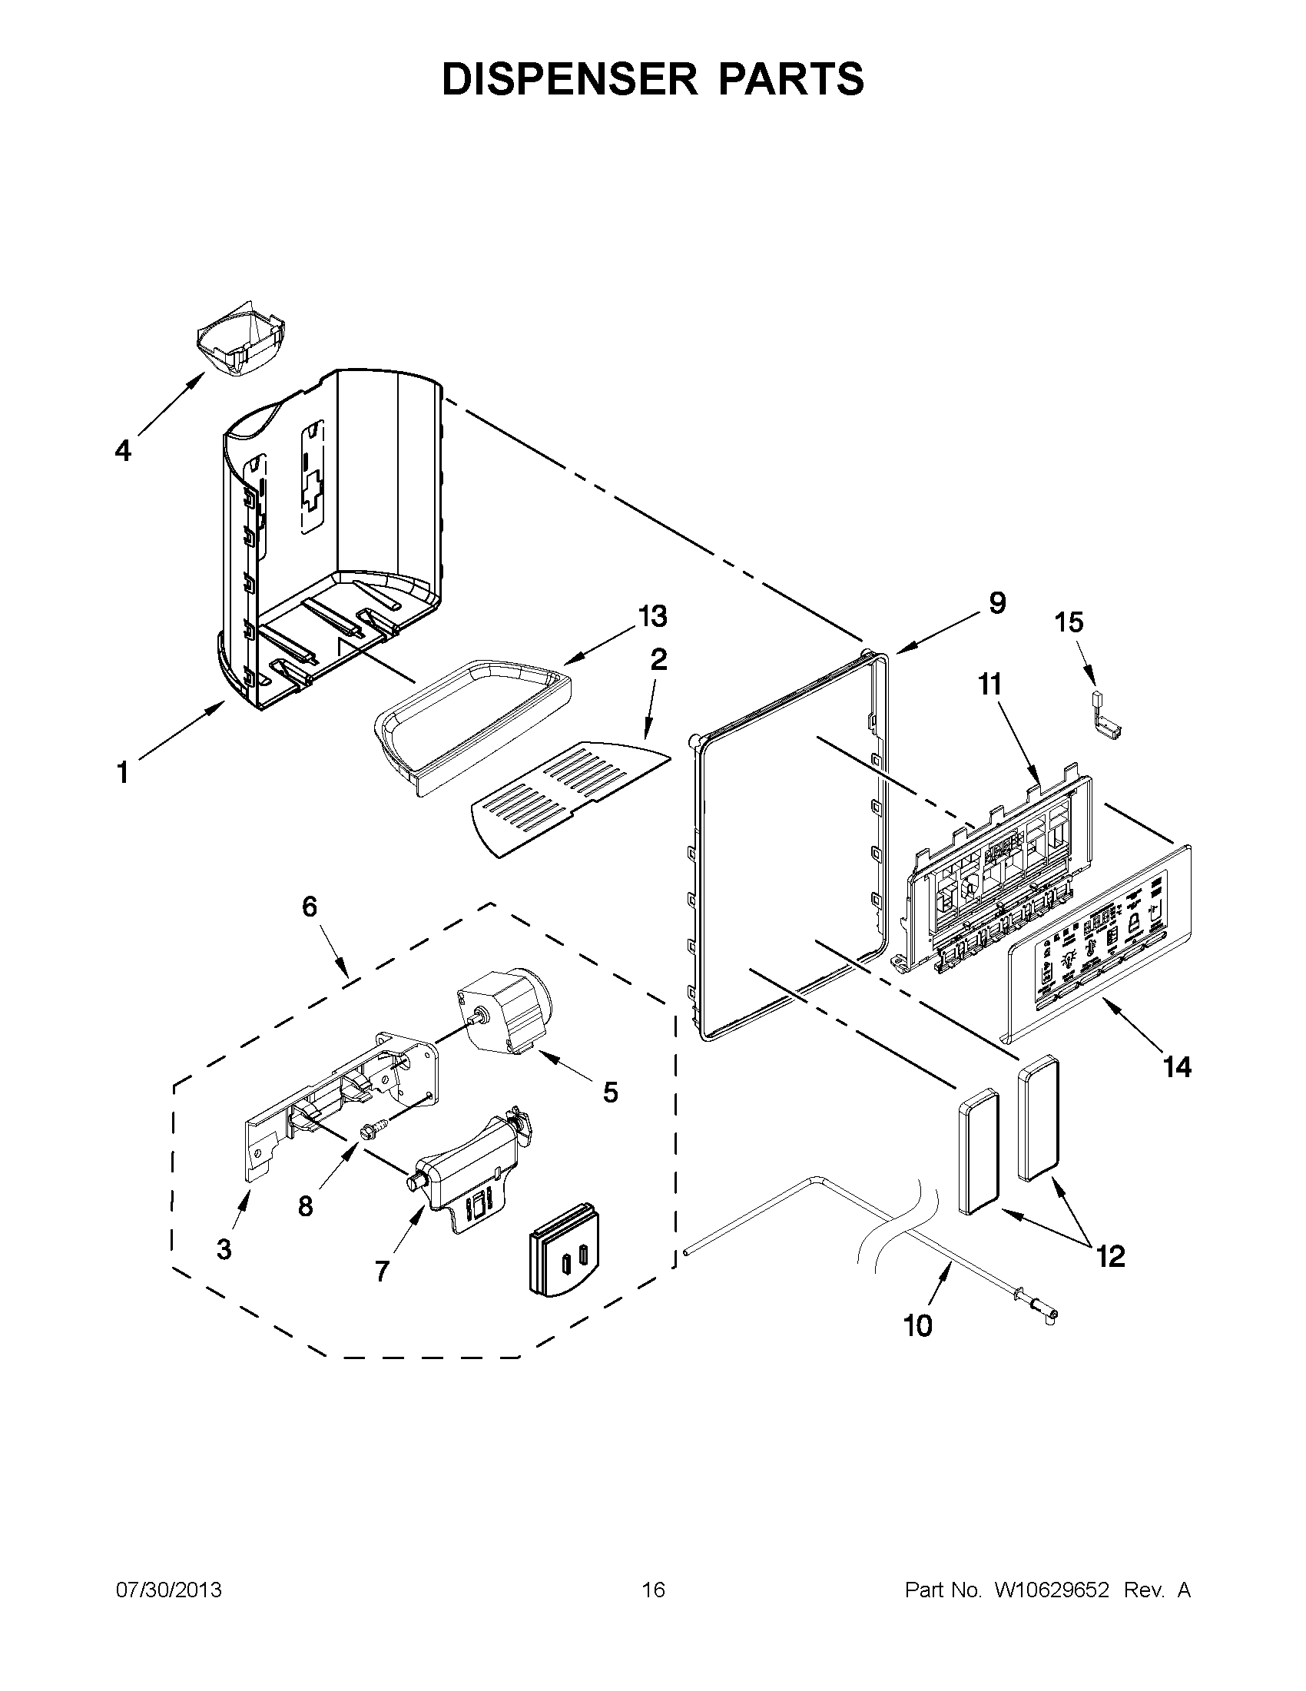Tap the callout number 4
[x=123, y=450]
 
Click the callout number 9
[x=997, y=603]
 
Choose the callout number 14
[x=1177, y=1067]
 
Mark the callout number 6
[x=310, y=906]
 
